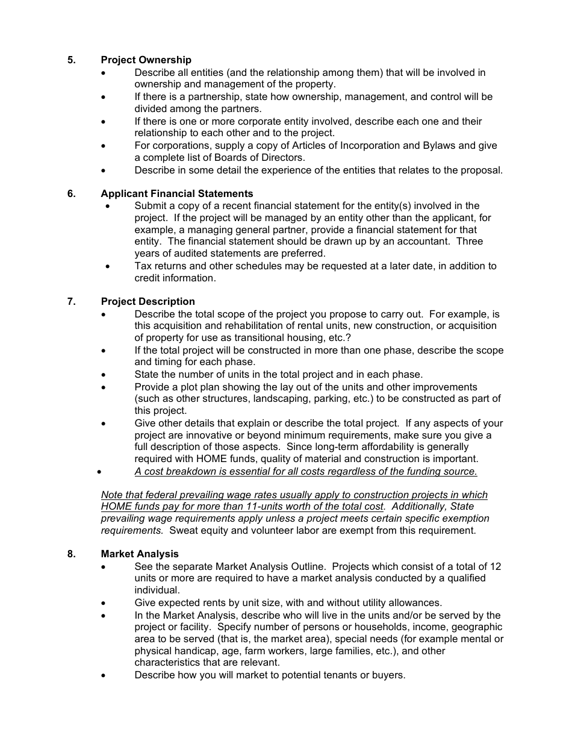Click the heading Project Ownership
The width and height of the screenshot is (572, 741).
pyautogui.click(x=146, y=60)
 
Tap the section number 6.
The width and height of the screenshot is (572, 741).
pyautogui.click(x=71, y=193)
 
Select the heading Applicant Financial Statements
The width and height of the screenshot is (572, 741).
pyautogui.click(x=176, y=193)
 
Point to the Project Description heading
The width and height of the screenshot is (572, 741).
pyautogui.click(x=148, y=301)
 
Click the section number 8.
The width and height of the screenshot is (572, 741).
pyautogui.click(x=71, y=554)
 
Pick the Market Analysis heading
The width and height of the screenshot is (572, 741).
pyautogui.click(x=140, y=554)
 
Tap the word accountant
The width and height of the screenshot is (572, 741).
pyautogui.click(x=421, y=242)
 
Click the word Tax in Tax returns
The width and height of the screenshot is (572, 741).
pyautogui.click(x=143, y=266)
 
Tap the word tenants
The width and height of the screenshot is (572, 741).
pyautogui.click(x=334, y=675)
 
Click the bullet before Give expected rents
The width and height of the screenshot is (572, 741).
pyautogui.click(x=104, y=602)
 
